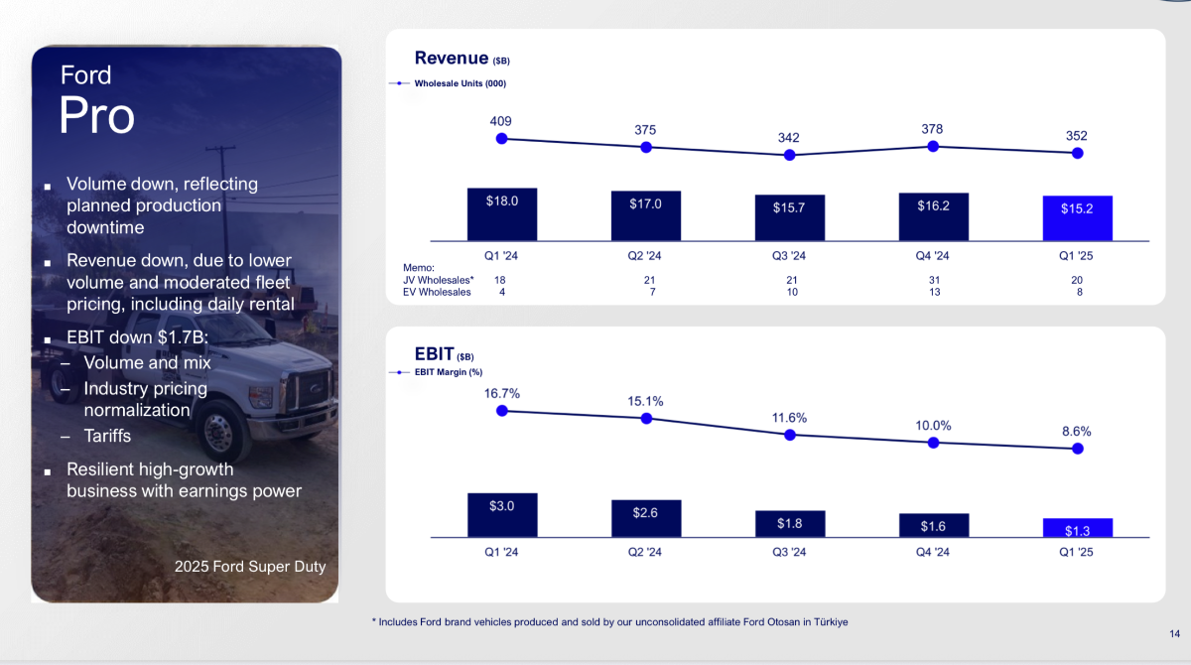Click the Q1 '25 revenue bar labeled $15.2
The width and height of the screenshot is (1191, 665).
1077,218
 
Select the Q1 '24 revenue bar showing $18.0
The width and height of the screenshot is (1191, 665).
502,214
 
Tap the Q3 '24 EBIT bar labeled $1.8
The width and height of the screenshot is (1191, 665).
790,524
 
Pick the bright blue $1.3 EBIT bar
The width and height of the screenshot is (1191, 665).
1078,528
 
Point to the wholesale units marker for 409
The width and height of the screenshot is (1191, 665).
501,139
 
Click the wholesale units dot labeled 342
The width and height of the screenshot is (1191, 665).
790,155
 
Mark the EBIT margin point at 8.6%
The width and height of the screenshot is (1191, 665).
1078,449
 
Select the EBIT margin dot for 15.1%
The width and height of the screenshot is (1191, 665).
646,419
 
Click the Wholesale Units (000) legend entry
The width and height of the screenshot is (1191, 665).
448,83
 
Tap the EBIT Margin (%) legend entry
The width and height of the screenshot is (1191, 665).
436,372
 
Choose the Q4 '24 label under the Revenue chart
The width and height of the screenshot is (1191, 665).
932,256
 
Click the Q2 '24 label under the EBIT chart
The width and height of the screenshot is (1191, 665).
644,552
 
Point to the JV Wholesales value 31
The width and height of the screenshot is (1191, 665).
934,280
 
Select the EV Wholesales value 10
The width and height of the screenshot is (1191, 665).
792,292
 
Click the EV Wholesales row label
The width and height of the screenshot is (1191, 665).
437,292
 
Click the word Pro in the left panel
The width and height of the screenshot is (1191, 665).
97,115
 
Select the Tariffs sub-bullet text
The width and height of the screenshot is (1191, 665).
107,436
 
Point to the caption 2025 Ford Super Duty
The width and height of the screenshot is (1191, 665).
250,567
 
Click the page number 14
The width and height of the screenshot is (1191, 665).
1174,633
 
